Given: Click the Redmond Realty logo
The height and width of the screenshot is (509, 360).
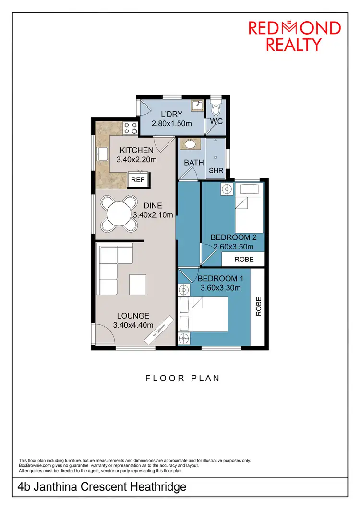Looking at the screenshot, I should coord(294,36).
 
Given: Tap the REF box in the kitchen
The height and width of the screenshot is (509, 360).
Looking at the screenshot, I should coord(138,180).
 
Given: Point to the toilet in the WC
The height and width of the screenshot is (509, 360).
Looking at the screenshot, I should coord(216,105).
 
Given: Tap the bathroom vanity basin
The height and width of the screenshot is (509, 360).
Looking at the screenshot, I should coord(190,143).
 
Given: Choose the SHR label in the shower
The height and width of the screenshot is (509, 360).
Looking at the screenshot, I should coord(216,170).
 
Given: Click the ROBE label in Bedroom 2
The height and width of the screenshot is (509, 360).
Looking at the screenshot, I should coord(243,259).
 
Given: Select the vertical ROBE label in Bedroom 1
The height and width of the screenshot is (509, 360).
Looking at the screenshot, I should coord(258,306).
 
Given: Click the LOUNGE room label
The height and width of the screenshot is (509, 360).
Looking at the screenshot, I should coord(133,316).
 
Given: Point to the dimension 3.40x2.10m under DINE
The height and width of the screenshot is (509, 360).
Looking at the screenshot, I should coord(152,215).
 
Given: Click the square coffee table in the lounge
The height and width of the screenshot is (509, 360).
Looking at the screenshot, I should coord(138,284).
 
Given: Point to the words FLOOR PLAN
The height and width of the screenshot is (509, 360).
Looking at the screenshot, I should coord(182,378).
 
